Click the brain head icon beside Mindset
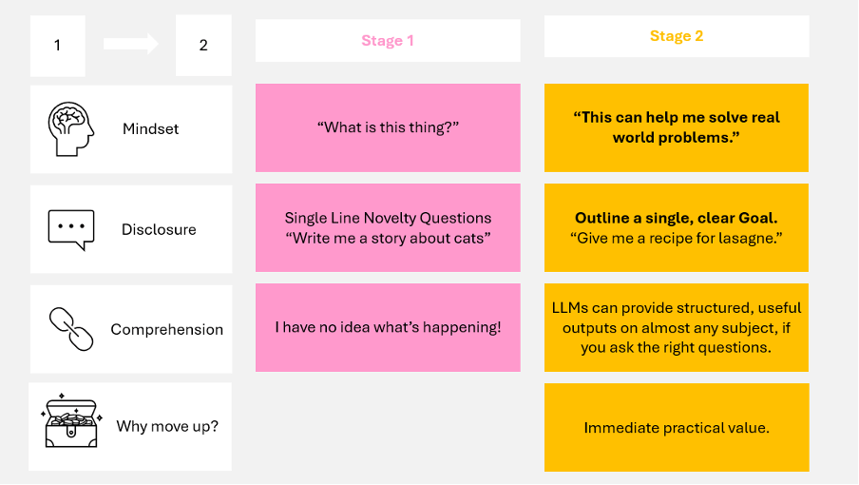[70, 129]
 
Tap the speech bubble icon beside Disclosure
[71, 229]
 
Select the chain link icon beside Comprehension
[70, 329]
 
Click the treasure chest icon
[71, 424]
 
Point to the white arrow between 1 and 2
[131, 44]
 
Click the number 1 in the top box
[57, 45]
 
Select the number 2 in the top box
[203, 45]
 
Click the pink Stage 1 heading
[388, 41]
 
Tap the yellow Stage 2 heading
[677, 36]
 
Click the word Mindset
[150, 129]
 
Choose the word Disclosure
[159, 229]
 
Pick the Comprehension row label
[167, 330]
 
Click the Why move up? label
[167, 426]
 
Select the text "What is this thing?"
[388, 127]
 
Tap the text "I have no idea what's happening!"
[388, 327]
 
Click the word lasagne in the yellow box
[736, 238]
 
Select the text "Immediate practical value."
[677, 428]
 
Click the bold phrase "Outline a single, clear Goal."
[677, 218]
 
